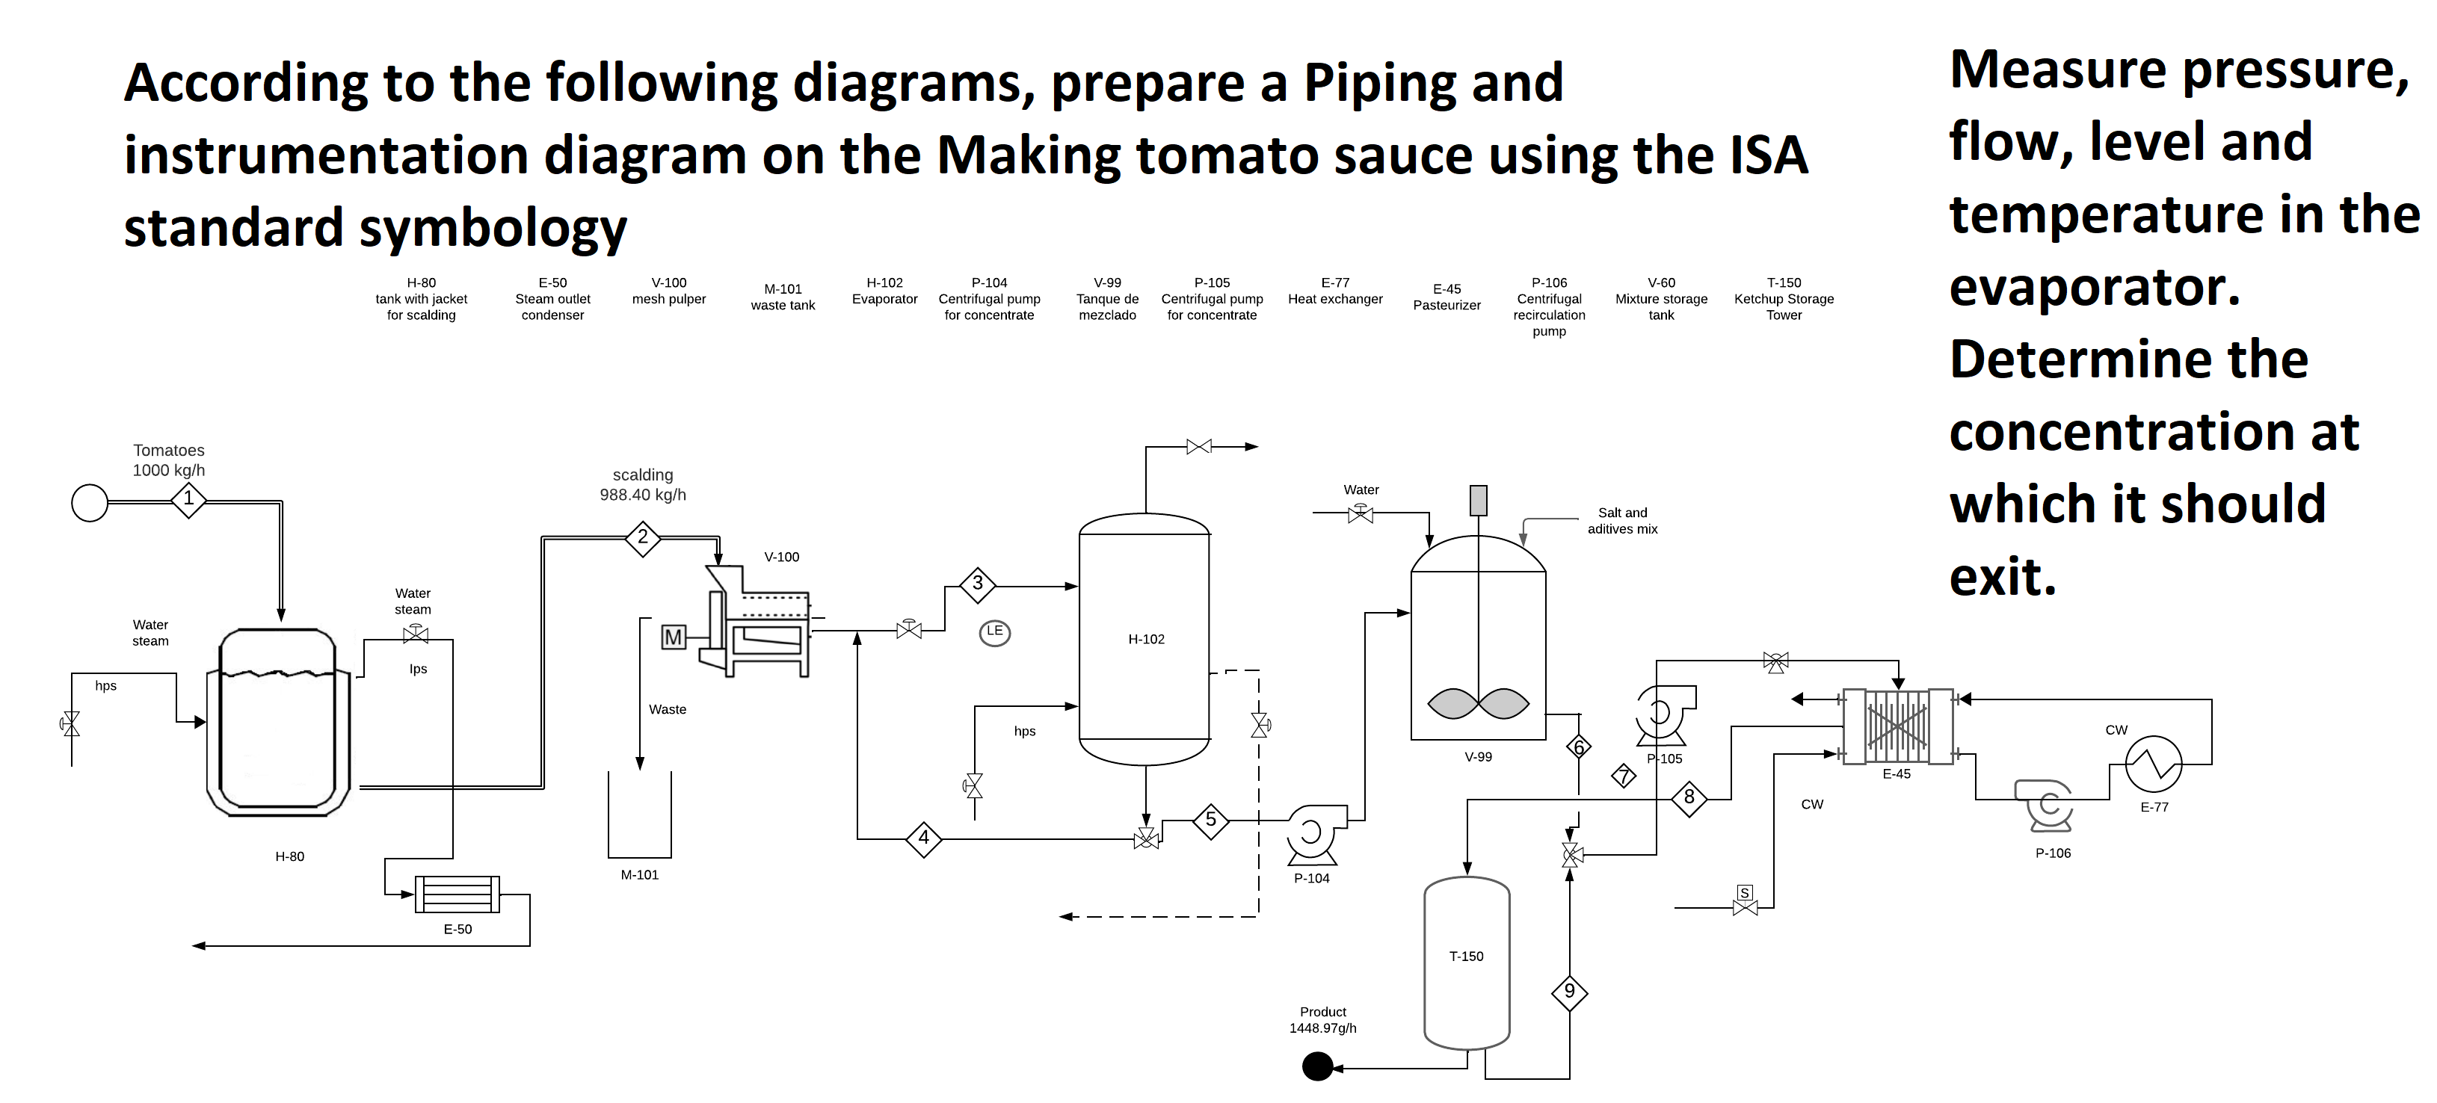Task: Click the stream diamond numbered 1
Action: [188, 499]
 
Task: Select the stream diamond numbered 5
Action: [1210, 821]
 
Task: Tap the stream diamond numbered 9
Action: [1570, 992]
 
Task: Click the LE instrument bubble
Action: [994, 632]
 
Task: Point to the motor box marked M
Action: [673, 637]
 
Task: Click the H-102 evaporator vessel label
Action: [1146, 640]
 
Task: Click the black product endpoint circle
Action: [1317, 1067]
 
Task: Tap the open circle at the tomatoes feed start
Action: [90, 503]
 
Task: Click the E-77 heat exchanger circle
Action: [2153, 764]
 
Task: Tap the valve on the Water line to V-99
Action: [1361, 513]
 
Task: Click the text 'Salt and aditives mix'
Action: [1621, 521]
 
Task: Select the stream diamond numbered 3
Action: [977, 584]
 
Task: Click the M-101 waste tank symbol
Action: [639, 818]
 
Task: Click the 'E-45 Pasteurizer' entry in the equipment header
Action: [1447, 297]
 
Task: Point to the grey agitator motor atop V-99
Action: [1478, 501]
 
